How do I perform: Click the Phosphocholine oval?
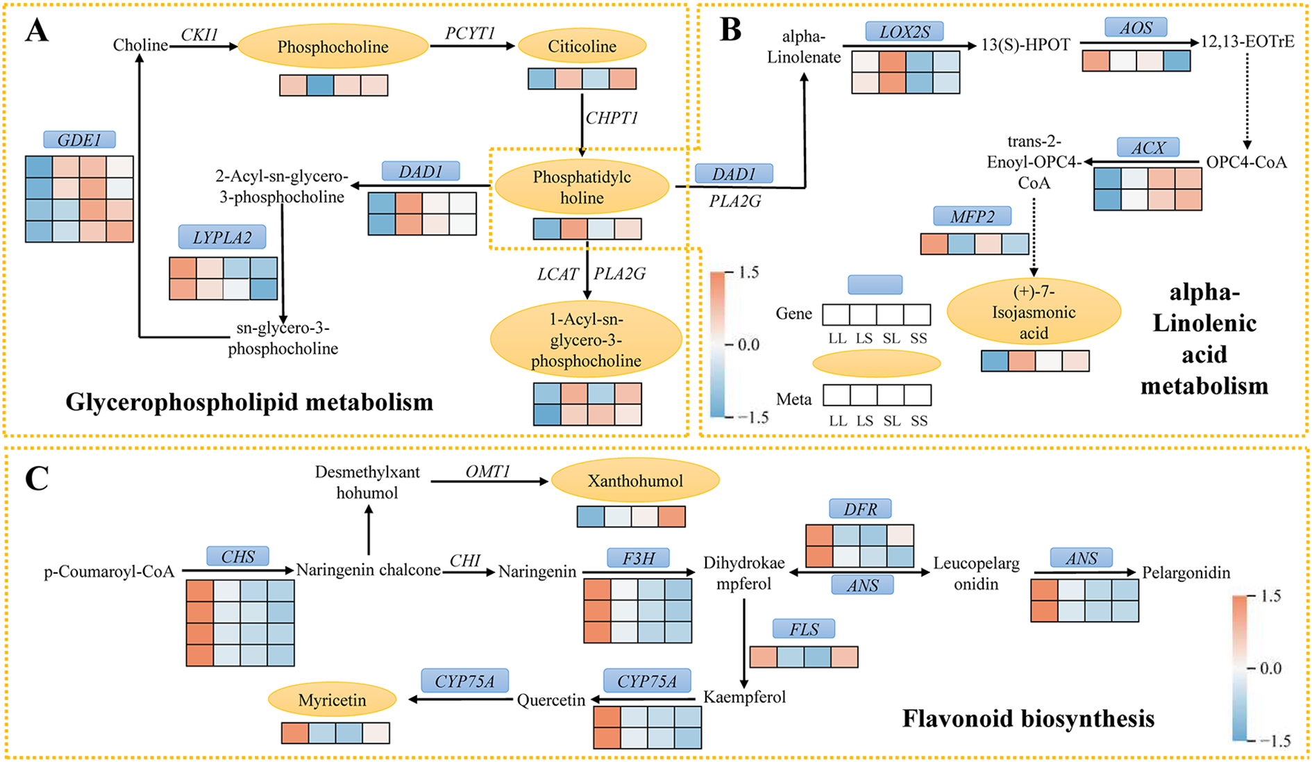click(x=333, y=47)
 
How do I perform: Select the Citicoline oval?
click(x=582, y=47)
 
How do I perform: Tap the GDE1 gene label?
click(x=79, y=140)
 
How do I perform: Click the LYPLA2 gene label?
click(x=222, y=237)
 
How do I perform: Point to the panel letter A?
click(x=36, y=31)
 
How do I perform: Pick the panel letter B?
click(x=730, y=29)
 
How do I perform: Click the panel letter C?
click(x=36, y=478)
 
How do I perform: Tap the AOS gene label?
click(x=1136, y=28)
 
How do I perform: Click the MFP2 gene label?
click(x=972, y=217)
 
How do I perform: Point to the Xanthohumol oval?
click(x=635, y=481)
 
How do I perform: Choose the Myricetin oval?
click(x=332, y=700)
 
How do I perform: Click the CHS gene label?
click(x=238, y=556)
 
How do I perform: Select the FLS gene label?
click(x=804, y=629)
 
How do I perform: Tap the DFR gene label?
click(x=860, y=509)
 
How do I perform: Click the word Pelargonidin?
click(x=1186, y=573)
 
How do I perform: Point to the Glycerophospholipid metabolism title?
click(x=249, y=402)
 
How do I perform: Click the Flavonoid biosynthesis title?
click(x=1028, y=718)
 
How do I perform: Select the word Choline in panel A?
click(x=140, y=45)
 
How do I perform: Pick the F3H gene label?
click(x=638, y=557)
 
